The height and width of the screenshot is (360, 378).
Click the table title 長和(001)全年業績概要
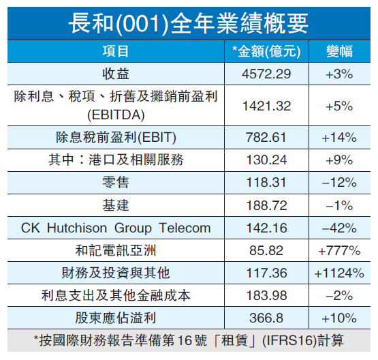tap(189, 22)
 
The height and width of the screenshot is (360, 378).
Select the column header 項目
tap(115, 52)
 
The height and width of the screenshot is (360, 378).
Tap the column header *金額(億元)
tap(267, 52)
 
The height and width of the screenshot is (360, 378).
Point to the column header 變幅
tap(338, 52)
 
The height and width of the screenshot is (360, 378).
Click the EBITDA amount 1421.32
tap(267, 106)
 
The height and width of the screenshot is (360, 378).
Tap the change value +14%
tap(338, 138)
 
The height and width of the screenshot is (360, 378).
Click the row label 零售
tap(115, 183)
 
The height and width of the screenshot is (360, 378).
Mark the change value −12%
tap(338, 183)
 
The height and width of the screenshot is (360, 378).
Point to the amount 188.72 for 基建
tap(267, 205)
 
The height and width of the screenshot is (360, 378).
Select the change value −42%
tap(338, 228)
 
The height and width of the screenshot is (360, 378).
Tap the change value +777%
tap(338, 250)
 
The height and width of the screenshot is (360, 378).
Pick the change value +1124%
tap(338, 273)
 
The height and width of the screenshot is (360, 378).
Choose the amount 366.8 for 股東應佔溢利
tap(267, 318)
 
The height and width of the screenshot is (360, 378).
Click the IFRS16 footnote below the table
tap(189, 340)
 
